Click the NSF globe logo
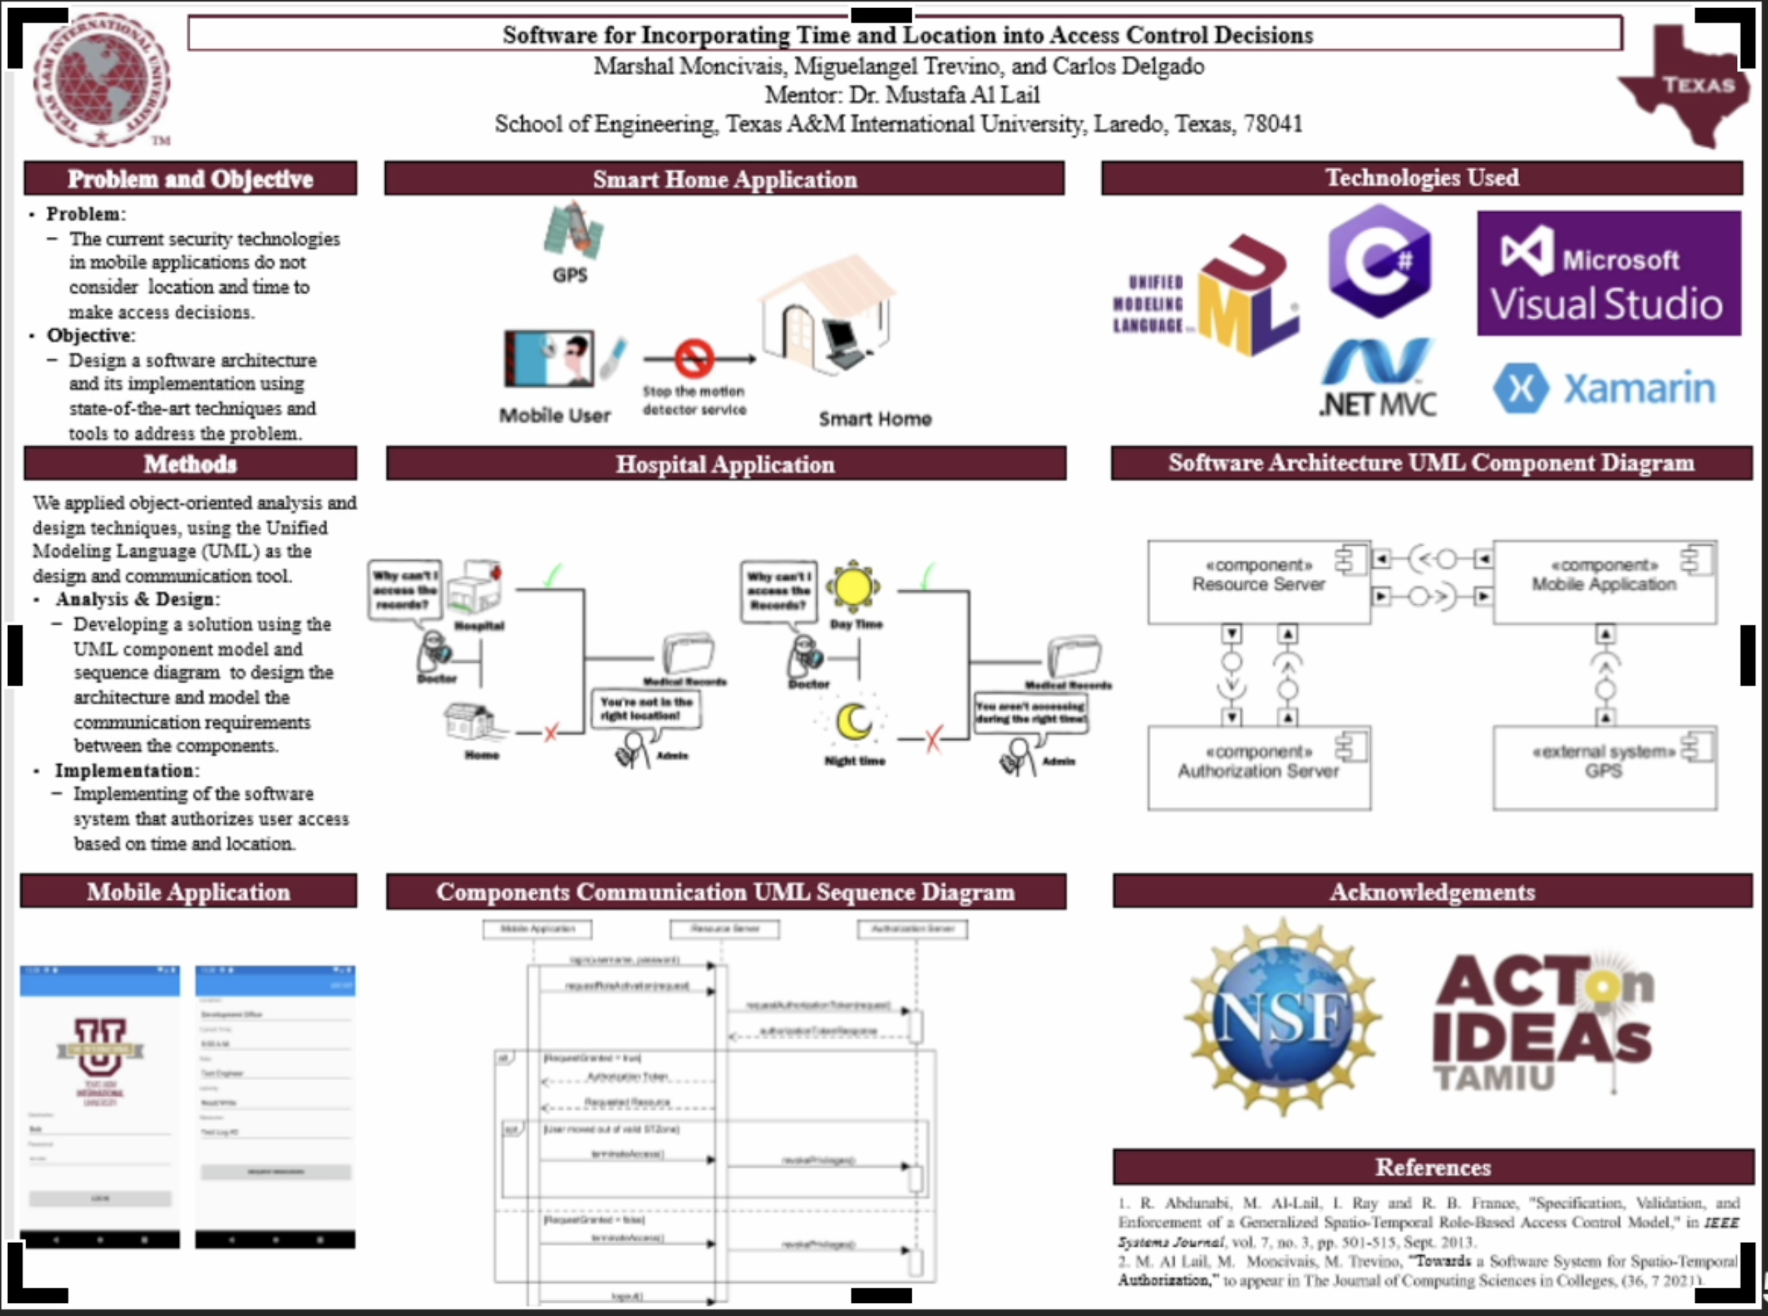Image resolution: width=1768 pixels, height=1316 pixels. point(1282,1016)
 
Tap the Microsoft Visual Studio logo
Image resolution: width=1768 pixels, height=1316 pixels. point(1608,274)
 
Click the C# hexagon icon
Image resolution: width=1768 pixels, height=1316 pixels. point(1379,261)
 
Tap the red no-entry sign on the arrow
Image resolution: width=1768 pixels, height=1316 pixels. point(694,358)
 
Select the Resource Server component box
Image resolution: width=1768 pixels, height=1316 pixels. point(1258,581)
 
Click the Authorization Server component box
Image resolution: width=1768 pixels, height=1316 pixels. point(1258,768)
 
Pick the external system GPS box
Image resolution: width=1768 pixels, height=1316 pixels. point(1604,768)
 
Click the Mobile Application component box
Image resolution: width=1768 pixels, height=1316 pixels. point(1604,581)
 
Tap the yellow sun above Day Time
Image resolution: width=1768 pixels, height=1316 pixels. point(853,586)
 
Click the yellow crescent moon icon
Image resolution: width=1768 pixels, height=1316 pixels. point(854,722)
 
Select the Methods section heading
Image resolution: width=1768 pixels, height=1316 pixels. point(190,463)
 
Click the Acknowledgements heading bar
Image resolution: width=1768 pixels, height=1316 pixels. point(1432,892)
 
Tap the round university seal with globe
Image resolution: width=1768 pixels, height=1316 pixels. point(102,80)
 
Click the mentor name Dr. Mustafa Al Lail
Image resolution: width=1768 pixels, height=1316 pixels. point(902,95)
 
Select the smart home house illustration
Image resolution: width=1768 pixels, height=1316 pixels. point(826,318)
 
